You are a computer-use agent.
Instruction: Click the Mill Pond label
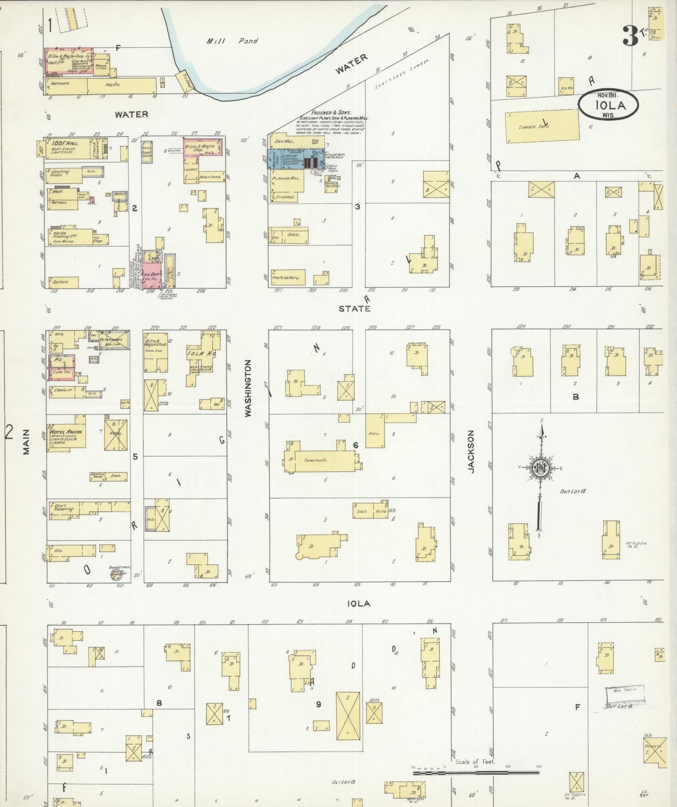[x=233, y=41]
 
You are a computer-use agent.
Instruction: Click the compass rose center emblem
[x=541, y=468]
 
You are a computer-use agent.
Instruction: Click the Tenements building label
[x=316, y=460]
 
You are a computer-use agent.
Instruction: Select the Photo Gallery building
[x=289, y=277]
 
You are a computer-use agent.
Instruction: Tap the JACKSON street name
[x=471, y=451]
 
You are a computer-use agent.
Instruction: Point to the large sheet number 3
[x=630, y=36]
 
